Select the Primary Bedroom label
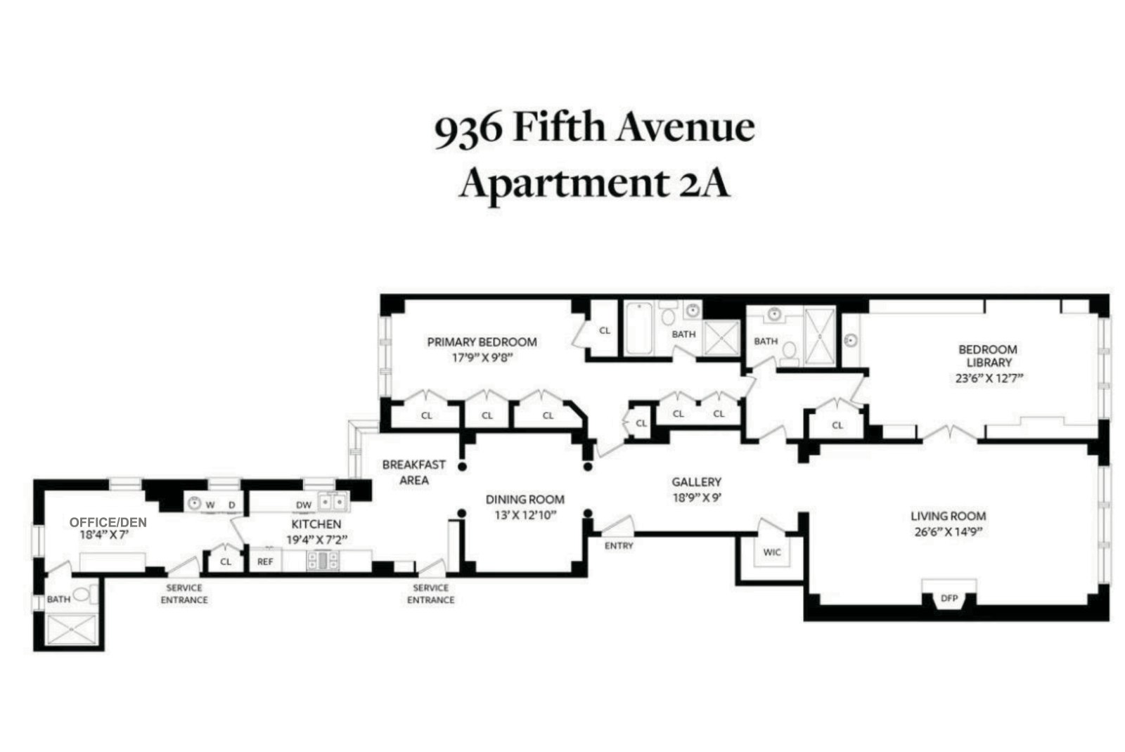click(x=482, y=342)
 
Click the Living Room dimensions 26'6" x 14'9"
click(x=948, y=532)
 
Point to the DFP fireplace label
click(x=949, y=599)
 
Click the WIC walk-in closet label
click(x=771, y=552)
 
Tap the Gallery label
click(x=696, y=482)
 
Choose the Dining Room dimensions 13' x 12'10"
click(x=525, y=514)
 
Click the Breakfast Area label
click(x=413, y=472)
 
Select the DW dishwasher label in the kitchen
click(x=303, y=505)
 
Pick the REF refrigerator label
click(x=265, y=562)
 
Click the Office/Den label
click(x=108, y=523)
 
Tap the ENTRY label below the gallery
click(x=619, y=546)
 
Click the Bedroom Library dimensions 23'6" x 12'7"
click(x=987, y=377)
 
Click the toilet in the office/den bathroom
click(x=82, y=596)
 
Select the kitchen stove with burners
click(x=323, y=561)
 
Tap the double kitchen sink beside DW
click(x=332, y=503)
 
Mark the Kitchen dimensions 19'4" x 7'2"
click(x=317, y=540)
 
